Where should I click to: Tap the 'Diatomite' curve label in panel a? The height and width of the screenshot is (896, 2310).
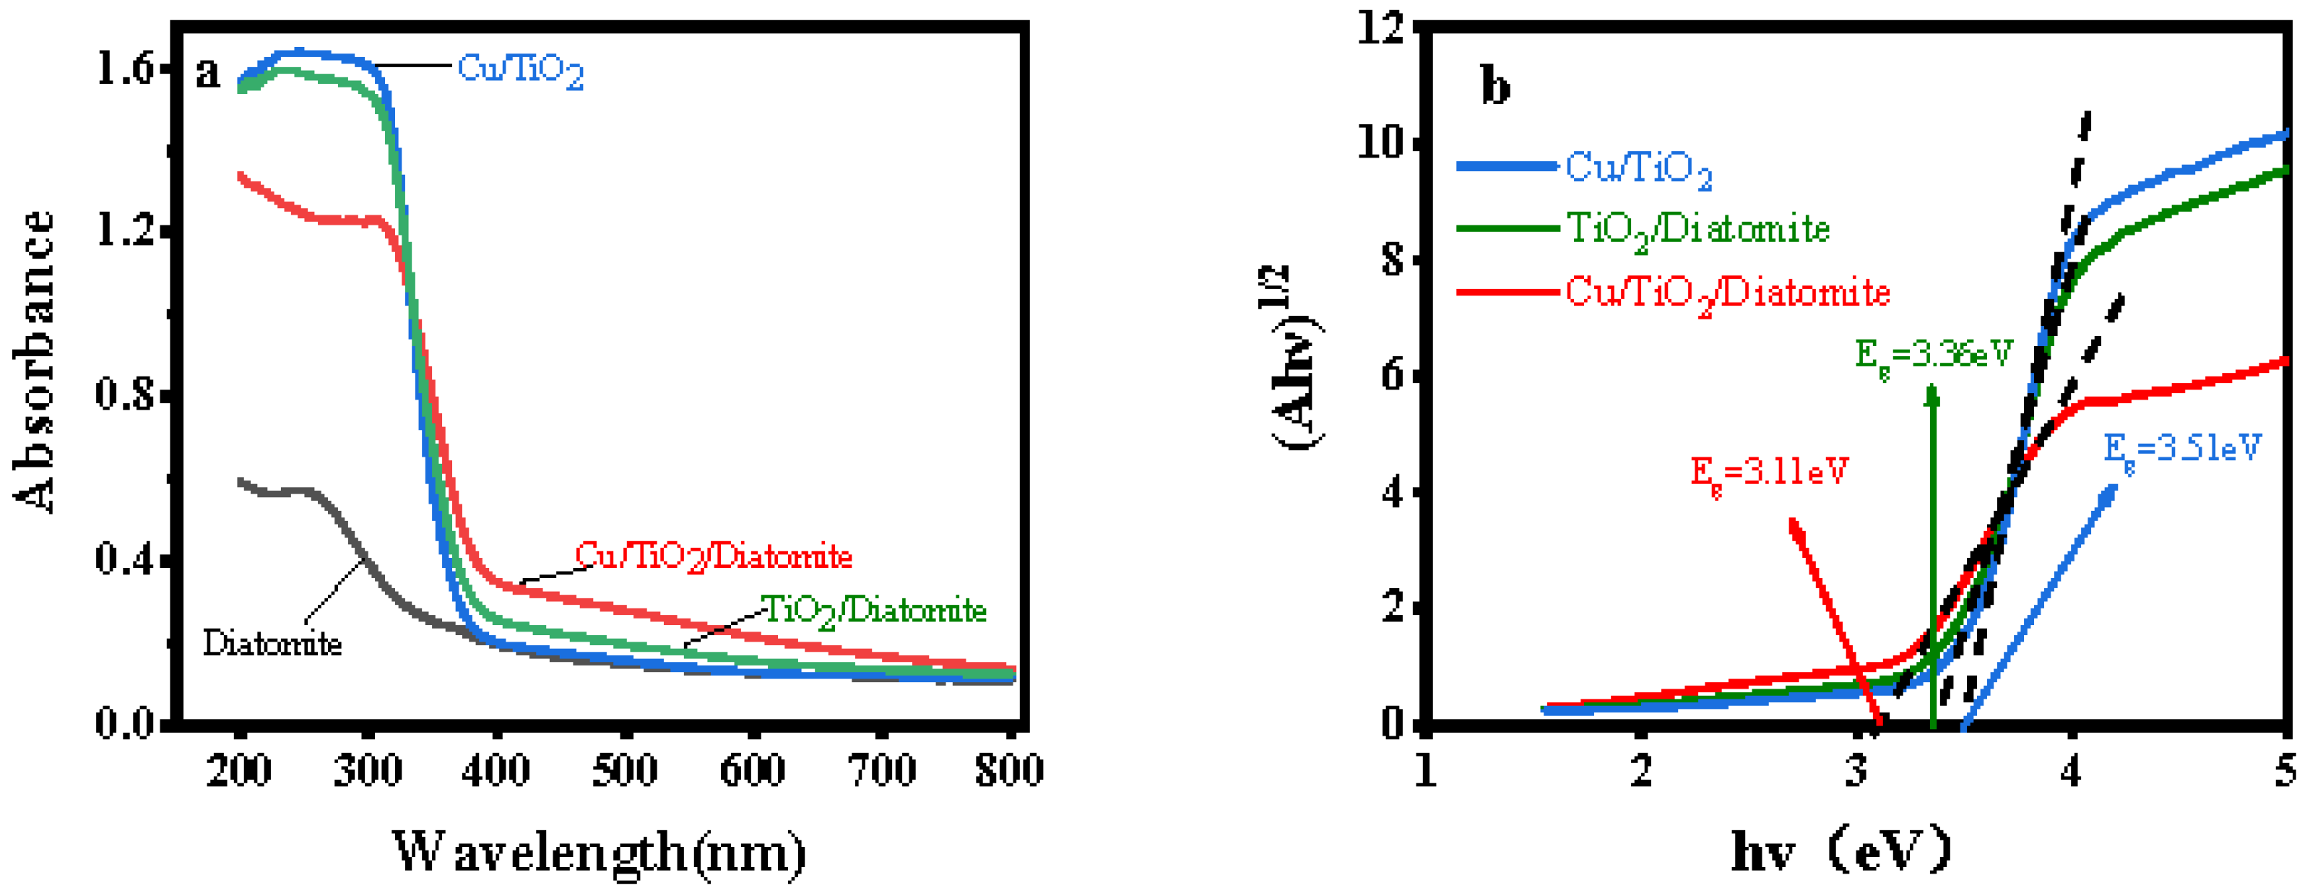[x=272, y=643]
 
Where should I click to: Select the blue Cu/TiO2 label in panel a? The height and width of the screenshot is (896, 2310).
[x=520, y=69]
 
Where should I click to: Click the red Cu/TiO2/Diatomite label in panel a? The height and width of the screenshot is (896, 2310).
[x=713, y=557]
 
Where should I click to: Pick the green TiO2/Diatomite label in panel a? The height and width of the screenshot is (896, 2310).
[x=873, y=611]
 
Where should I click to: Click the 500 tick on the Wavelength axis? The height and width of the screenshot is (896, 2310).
[x=625, y=770]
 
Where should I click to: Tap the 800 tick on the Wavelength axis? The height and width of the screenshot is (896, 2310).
[x=1009, y=770]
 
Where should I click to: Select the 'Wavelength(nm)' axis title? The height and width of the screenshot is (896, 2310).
[x=599, y=852]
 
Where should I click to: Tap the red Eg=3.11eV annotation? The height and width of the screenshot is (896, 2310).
[x=1769, y=472]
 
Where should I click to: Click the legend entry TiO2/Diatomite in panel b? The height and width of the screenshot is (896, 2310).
[x=1697, y=230]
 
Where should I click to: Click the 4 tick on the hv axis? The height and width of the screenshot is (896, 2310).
[x=2069, y=770]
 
